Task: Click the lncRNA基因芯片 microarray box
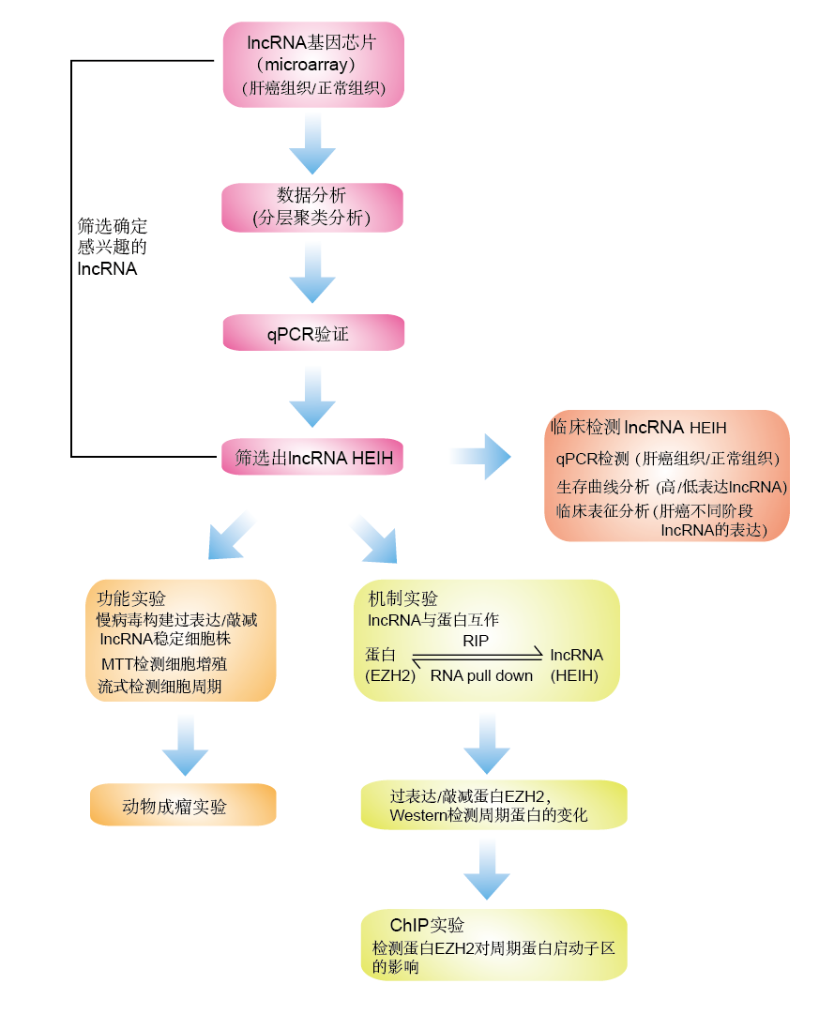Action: [x=313, y=65]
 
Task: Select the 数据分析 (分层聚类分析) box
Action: [x=312, y=207]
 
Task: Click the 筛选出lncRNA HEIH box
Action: [x=312, y=458]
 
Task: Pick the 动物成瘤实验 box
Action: [x=183, y=806]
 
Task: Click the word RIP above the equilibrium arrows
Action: [x=476, y=641]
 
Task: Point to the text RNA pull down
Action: [x=481, y=675]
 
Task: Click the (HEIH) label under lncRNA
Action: [x=573, y=675]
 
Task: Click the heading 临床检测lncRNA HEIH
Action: [x=638, y=427]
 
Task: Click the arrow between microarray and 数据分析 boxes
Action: [x=312, y=145]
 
